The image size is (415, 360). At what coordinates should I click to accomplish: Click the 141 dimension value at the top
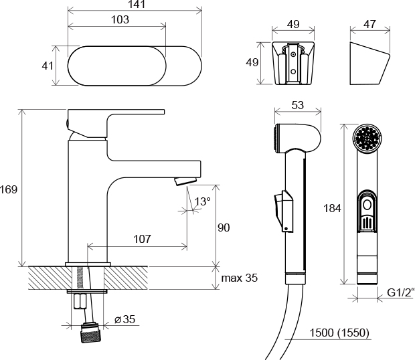click(x=134, y=5)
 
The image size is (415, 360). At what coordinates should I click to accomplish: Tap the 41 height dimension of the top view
click(x=47, y=66)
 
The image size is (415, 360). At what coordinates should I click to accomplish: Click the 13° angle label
click(x=202, y=201)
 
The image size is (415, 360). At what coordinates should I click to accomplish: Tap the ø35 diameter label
click(x=124, y=319)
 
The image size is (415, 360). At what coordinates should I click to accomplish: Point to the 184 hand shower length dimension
click(x=332, y=208)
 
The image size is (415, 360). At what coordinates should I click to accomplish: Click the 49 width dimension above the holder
click(x=293, y=23)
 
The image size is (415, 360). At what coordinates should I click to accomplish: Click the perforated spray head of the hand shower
click(x=367, y=140)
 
